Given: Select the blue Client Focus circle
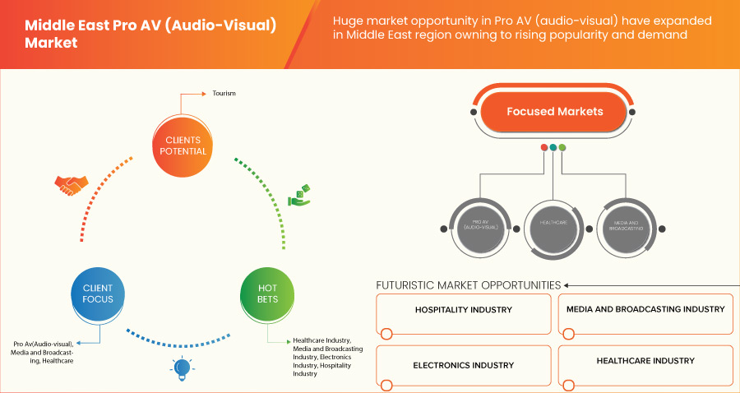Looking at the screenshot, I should [98, 294].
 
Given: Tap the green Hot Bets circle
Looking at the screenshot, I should [267, 294].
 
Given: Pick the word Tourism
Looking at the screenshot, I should [224, 93].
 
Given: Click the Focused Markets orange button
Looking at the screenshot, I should [555, 112].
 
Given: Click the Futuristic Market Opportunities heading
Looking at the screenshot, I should [468, 285].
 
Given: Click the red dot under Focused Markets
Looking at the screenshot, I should [544, 147].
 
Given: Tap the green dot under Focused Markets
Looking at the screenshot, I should [562, 147].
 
